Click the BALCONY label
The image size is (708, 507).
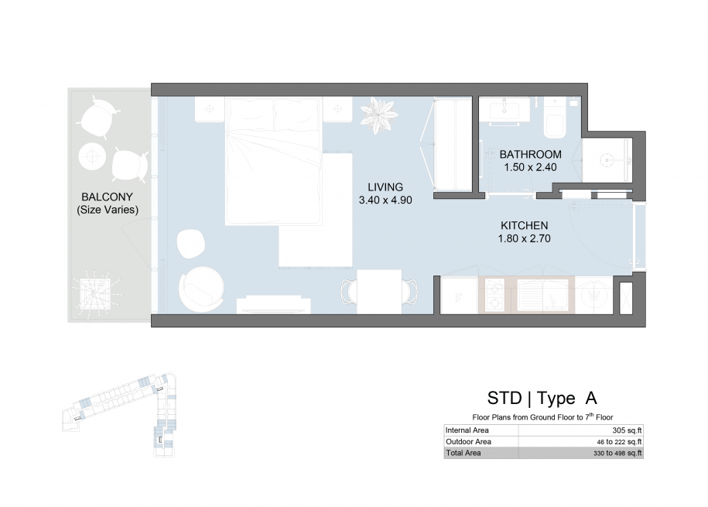pyautogui.click(x=107, y=197)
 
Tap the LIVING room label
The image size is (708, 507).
pyautogui.click(x=385, y=187)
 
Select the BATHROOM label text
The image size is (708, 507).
pyautogui.click(x=531, y=155)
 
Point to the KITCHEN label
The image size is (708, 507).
pyautogui.click(x=524, y=225)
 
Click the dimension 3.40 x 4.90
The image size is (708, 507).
pyautogui.click(x=385, y=200)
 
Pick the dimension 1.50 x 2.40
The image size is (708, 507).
pyautogui.click(x=530, y=167)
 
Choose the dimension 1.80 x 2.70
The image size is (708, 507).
pyautogui.click(x=524, y=238)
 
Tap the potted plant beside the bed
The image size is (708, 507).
pyautogui.click(x=379, y=115)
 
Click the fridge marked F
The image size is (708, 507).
pyautogui.click(x=459, y=296)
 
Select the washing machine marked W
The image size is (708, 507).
pyautogui.click(x=593, y=296)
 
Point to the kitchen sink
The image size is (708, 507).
pyautogui.click(x=542, y=295)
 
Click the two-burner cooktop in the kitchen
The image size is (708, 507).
pyautogui.click(x=494, y=295)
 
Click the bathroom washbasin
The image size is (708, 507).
pyautogui.click(x=504, y=110)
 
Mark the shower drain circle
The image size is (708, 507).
pyautogui.click(x=607, y=159)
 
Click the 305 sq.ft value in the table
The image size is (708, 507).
pyautogui.click(x=627, y=430)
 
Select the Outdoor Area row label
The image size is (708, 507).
pyautogui.click(x=468, y=442)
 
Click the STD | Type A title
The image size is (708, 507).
pyautogui.click(x=542, y=398)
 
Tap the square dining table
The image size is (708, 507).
pyautogui.click(x=379, y=292)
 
